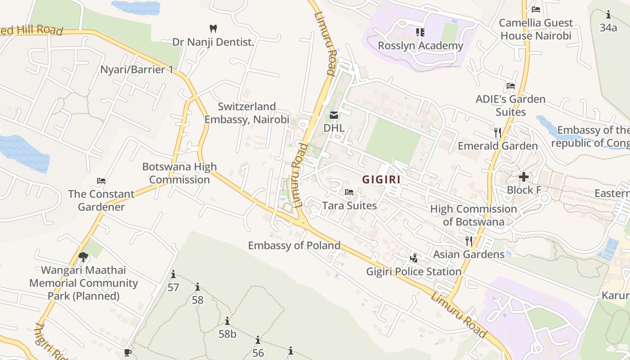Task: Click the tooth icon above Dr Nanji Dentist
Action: point(213,28)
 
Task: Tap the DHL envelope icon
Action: point(334,115)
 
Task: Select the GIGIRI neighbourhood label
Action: point(382,180)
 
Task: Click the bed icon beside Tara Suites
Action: point(349,192)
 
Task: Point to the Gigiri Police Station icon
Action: point(414,258)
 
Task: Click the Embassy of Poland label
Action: point(294,245)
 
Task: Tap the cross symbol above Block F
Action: point(523,177)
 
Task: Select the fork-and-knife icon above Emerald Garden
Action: point(498,132)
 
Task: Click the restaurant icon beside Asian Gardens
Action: point(469,241)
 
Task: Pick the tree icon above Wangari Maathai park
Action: point(83,257)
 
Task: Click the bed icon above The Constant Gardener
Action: point(101,181)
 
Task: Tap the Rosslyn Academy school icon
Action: point(420,32)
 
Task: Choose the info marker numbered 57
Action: point(173,274)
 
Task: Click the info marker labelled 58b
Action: point(227,321)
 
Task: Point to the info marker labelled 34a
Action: point(608,15)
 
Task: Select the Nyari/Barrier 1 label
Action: point(137,70)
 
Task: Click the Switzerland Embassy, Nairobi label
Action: point(247,113)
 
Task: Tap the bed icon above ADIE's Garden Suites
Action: point(510,85)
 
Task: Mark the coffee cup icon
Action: point(127,352)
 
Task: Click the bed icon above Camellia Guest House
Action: point(535,9)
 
